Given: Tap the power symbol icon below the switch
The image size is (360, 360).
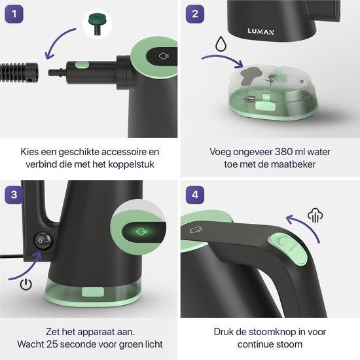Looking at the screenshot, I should pyautogui.click(x=26, y=284).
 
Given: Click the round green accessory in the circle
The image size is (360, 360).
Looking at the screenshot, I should pyautogui.click(x=96, y=26).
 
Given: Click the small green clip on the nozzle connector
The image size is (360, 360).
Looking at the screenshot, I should pyautogui.click(x=81, y=64).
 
